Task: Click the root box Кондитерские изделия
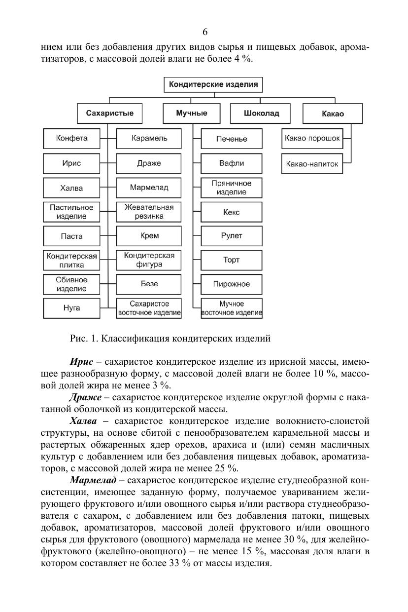point(213,84)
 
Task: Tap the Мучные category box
point(192,113)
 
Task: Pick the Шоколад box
point(261,113)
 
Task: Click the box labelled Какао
point(333,113)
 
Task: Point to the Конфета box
point(72,138)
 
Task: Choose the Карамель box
point(149,138)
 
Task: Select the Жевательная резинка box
point(149,212)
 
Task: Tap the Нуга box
point(72,308)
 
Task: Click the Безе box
point(149,284)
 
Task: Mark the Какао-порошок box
point(312,138)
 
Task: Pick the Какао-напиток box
point(312,164)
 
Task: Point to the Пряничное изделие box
point(232,188)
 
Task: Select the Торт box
point(232,260)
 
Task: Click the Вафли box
point(232,163)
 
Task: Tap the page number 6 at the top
point(204,33)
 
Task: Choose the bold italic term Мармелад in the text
point(93,480)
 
